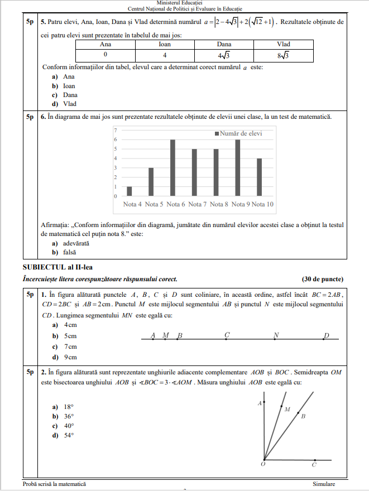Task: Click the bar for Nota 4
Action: (130, 191)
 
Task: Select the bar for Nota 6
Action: (173, 168)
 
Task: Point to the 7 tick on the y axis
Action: (116, 130)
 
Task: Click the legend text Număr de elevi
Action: (241, 133)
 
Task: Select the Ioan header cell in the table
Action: (164, 44)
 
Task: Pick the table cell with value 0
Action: (105, 55)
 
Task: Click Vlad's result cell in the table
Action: (283, 55)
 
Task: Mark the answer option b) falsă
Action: (64, 252)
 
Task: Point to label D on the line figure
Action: (327, 335)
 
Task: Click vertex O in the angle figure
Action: (264, 460)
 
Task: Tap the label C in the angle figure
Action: (314, 465)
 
